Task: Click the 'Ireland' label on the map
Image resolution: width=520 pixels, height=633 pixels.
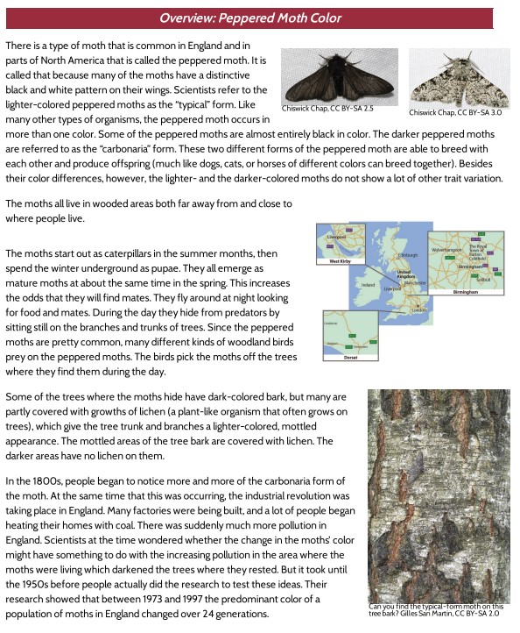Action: (368, 285)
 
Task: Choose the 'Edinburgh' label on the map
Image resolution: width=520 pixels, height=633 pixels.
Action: (409, 255)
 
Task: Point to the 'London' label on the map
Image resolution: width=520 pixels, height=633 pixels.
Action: (418, 309)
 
